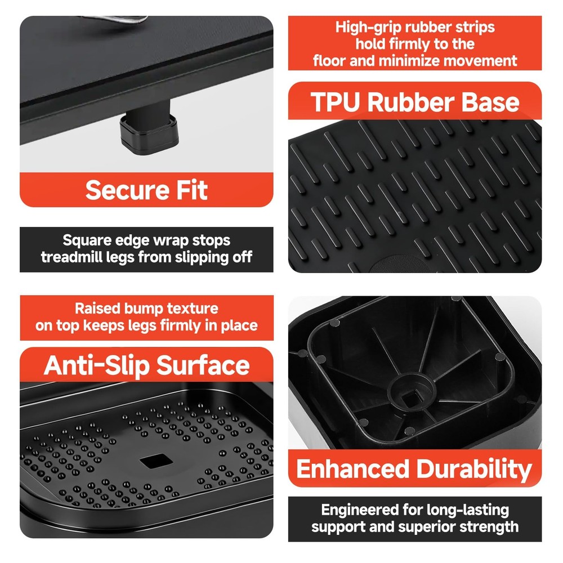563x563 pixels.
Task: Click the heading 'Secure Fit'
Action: click(x=146, y=190)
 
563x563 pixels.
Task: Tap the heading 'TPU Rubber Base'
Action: click(x=415, y=102)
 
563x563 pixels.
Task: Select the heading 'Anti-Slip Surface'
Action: click(x=146, y=365)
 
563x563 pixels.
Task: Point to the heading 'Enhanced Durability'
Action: click(x=414, y=468)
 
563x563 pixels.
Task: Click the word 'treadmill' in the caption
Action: click(x=74, y=257)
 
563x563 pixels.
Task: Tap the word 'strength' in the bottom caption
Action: click(x=490, y=527)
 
